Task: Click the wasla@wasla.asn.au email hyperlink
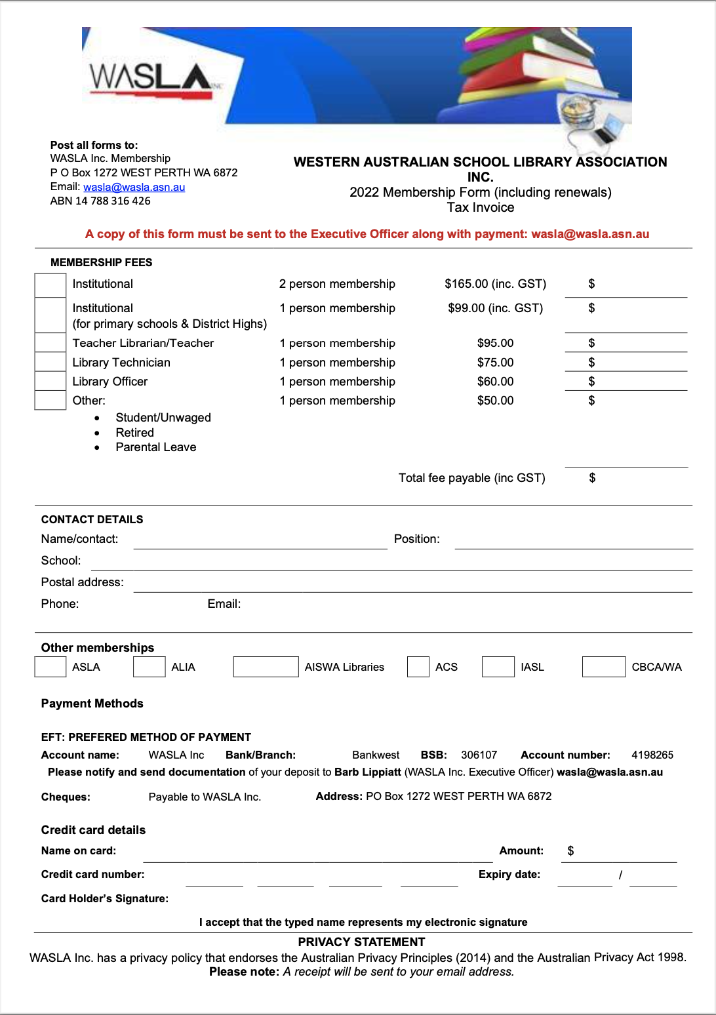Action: point(134,187)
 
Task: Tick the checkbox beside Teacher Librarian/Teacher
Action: point(50,342)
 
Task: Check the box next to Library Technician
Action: point(50,362)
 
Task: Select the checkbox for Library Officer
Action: point(50,381)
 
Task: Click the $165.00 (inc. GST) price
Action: point(495,284)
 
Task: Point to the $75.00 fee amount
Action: point(495,363)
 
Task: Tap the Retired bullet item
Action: point(134,433)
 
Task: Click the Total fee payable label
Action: point(471,478)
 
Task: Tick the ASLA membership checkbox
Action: point(50,667)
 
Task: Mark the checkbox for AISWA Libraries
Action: point(266,667)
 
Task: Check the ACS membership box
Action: point(418,667)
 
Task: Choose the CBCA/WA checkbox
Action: point(603,667)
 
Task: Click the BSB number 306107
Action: point(479,755)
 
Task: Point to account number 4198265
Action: point(652,755)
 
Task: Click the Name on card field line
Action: point(317,855)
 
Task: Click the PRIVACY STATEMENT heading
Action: point(361,942)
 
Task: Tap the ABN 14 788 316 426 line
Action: point(100,201)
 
